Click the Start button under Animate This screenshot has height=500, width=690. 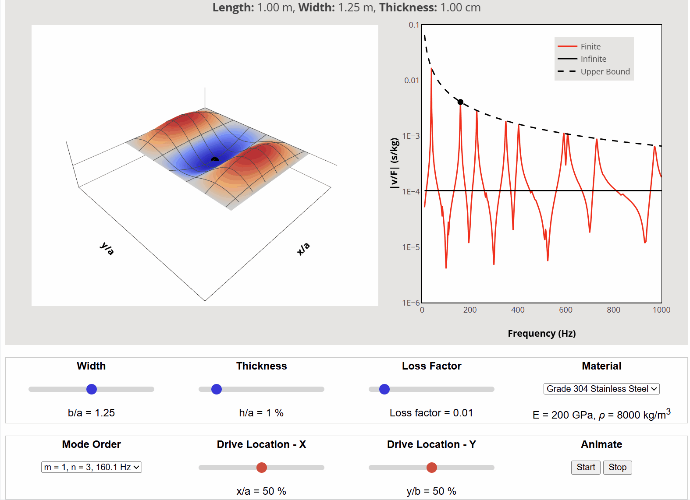586,467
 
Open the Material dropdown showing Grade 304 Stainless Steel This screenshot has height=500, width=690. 601,389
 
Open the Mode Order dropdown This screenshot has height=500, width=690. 92,467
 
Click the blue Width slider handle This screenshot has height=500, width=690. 92,389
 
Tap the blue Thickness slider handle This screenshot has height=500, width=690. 217,389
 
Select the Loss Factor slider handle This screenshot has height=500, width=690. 384,389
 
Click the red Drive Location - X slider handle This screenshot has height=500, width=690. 262,468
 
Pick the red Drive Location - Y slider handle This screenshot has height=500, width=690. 432,468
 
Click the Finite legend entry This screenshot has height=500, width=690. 590,46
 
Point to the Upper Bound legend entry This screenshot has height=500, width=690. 605,71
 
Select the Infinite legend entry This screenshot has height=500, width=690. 593,59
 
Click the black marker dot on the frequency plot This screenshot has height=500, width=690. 460,102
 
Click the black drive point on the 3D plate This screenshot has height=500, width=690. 214,159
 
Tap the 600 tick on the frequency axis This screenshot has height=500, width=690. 566,310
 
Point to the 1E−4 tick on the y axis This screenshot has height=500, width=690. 411,192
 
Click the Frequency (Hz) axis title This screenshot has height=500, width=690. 541,334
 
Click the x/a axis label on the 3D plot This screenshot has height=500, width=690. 303,249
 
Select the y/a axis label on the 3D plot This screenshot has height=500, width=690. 107,248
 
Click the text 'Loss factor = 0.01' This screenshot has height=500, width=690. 431,413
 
